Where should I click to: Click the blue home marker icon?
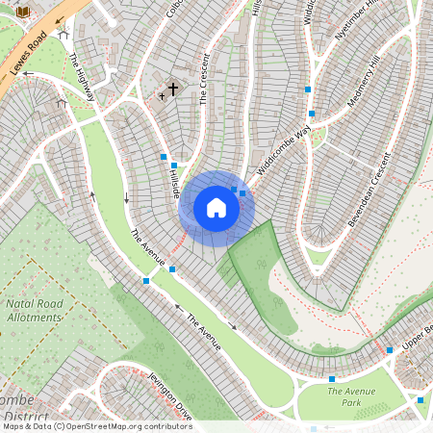[216, 207]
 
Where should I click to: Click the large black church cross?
[173, 89]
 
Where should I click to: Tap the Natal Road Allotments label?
[35, 309]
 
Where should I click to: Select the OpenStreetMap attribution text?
[97, 426]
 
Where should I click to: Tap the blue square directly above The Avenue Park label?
[332, 380]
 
